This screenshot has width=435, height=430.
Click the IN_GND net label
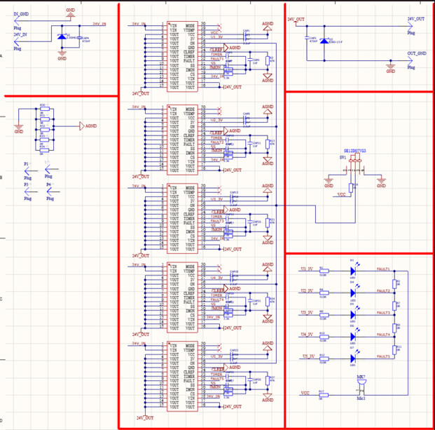point(21,14)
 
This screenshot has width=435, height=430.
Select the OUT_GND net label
point(417,53)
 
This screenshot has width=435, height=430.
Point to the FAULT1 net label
point(383,270)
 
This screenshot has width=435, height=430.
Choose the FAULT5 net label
point(383,356)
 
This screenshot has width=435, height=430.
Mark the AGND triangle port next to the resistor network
point(81,126)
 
